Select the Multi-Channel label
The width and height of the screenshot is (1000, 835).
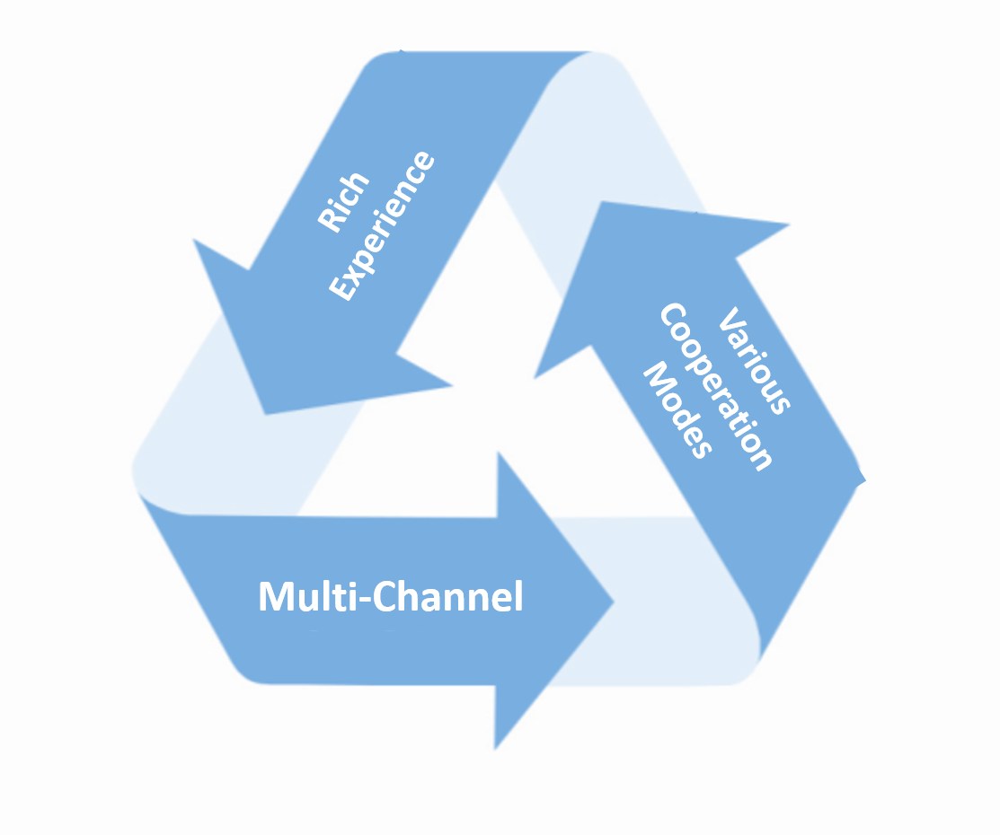tap(390, 597)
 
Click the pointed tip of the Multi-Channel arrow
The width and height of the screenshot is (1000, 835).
tap(614, 601)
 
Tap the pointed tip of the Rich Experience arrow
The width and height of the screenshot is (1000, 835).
tap(264, 414)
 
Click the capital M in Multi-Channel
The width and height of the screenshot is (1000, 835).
tap(275, 597)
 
